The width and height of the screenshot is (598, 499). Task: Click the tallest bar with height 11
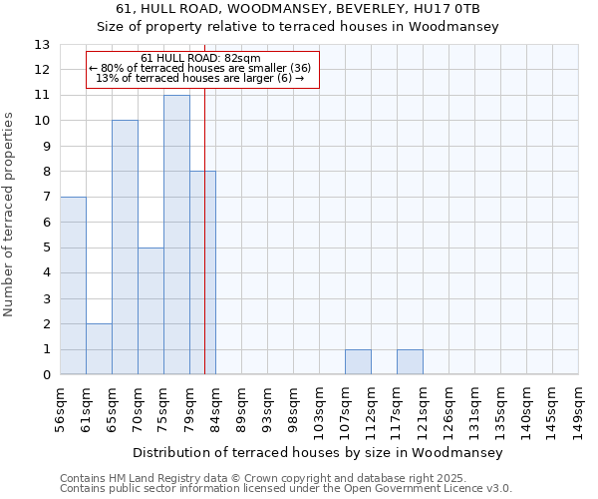tap(176, 235)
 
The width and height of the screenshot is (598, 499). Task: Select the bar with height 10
tap(125, 248)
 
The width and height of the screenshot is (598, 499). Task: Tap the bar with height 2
tap(99, 349)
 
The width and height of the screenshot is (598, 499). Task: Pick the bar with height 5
tap(150, 311)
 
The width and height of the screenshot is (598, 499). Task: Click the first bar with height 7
tap(73, 285)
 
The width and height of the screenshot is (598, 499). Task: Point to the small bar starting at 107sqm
tap(358, 362)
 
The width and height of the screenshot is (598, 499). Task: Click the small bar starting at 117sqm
tap(410, 362)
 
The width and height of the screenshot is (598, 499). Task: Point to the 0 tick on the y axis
tap(46, 375)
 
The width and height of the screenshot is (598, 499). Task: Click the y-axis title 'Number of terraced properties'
tap(10, 215)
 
